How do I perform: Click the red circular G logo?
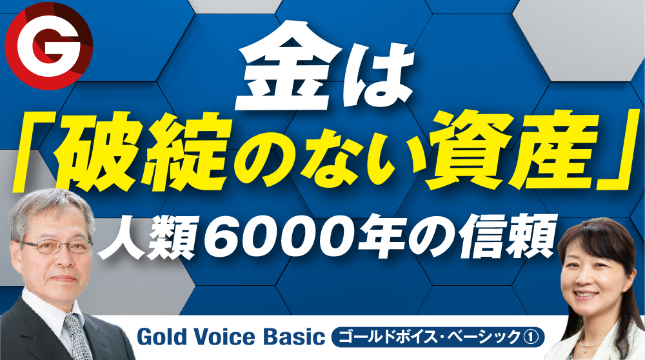[x=48, y=46]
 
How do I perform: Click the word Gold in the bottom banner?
[x=160, y=337]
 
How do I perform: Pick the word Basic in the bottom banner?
[x=292, y=337]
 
